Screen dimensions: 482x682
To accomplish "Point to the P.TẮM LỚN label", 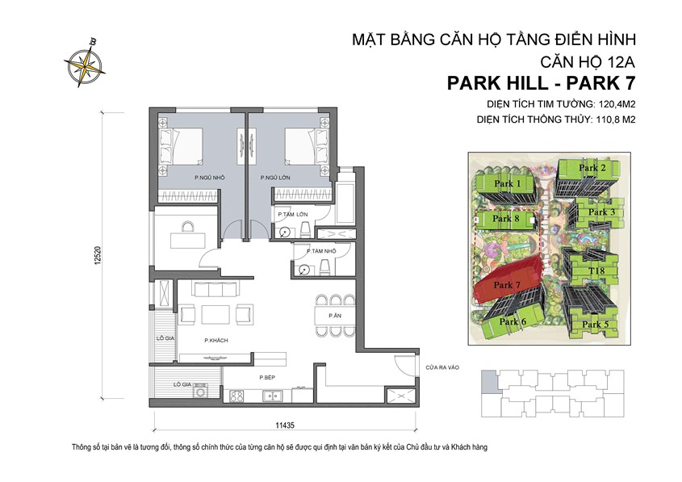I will (292, 214).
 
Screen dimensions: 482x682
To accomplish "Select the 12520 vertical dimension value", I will (119, 254).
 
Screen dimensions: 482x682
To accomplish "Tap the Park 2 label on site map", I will (592, 168).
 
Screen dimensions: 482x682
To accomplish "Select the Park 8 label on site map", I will (505, 219).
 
